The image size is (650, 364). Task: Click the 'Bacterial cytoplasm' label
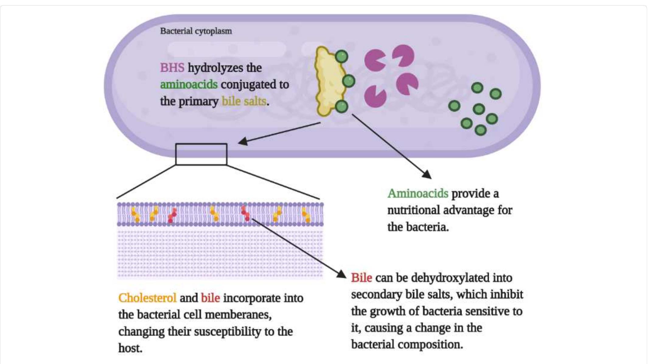(x=196, y=31)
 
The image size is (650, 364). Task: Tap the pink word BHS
(x=172, y=68)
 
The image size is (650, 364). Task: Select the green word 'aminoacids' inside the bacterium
(x=189, y=84)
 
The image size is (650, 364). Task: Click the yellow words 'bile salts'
(x=244, y=101)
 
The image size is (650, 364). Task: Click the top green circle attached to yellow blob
(x=341, y=57)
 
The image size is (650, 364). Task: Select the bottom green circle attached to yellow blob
(x=341, y=107)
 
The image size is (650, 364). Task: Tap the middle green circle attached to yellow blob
(x=348, y=81)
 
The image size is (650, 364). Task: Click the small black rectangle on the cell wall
(x=201, y=154)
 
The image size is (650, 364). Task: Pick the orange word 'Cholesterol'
(x=147, y=298)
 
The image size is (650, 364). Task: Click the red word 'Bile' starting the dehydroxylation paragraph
(x=362, y=278)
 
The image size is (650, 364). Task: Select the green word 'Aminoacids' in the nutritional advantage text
(x=418, y=193)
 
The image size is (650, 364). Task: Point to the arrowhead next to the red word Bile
(x=342, y=274)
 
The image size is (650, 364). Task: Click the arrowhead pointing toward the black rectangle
(x=243, y=141)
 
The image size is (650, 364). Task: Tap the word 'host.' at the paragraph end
(x=130, y=348)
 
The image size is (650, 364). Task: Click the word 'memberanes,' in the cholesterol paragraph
(x=238, y=315)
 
